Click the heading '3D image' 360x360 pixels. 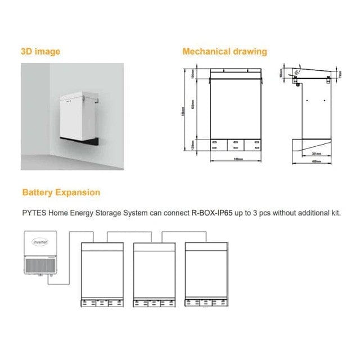[40, 52]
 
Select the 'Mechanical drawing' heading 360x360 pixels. [224, 52]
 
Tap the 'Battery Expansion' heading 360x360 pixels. [61, 192]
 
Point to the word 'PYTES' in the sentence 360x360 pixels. [34, 213]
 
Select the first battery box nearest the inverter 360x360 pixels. [101, 273]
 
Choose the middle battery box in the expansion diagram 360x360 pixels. [153, 273]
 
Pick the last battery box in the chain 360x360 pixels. [206, 273]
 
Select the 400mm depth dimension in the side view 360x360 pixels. [316, 161]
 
